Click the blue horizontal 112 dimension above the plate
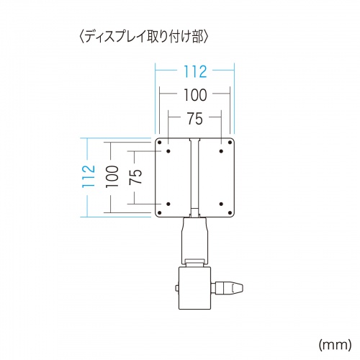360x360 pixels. (194, 71)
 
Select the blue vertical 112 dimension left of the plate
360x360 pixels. (89, 177)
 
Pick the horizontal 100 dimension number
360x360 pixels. (194, 94)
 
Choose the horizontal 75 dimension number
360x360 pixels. (194, 117)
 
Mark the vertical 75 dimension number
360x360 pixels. (135, 177)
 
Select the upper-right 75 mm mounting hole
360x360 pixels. (220, 153)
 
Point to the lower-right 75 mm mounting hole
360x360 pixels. (220, 202)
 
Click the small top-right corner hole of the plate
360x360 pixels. (230, 143)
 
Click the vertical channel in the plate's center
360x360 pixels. (194, 177)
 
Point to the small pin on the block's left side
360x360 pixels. (176, 289)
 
